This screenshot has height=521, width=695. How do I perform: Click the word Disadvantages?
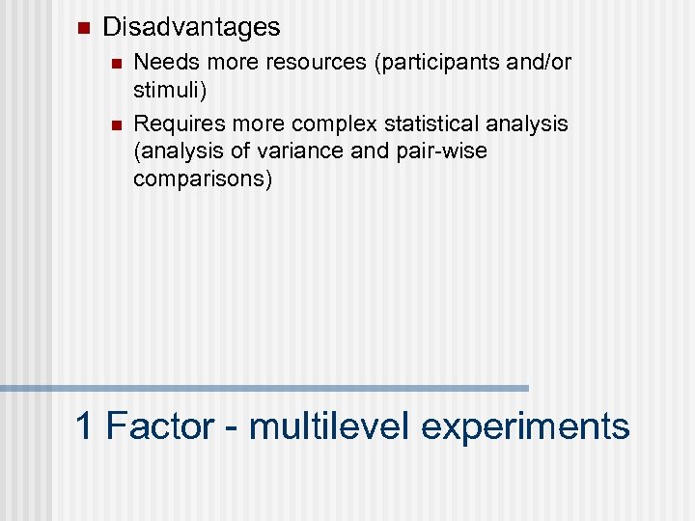point(191,27)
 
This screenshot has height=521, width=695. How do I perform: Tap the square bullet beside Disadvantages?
point(81,26)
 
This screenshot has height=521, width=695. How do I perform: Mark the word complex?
point(329,123)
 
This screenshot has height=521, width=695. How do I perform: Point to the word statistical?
point(421,123)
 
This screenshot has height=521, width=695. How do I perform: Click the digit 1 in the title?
point(85,425)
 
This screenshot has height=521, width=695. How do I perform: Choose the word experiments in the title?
point(525,425)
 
